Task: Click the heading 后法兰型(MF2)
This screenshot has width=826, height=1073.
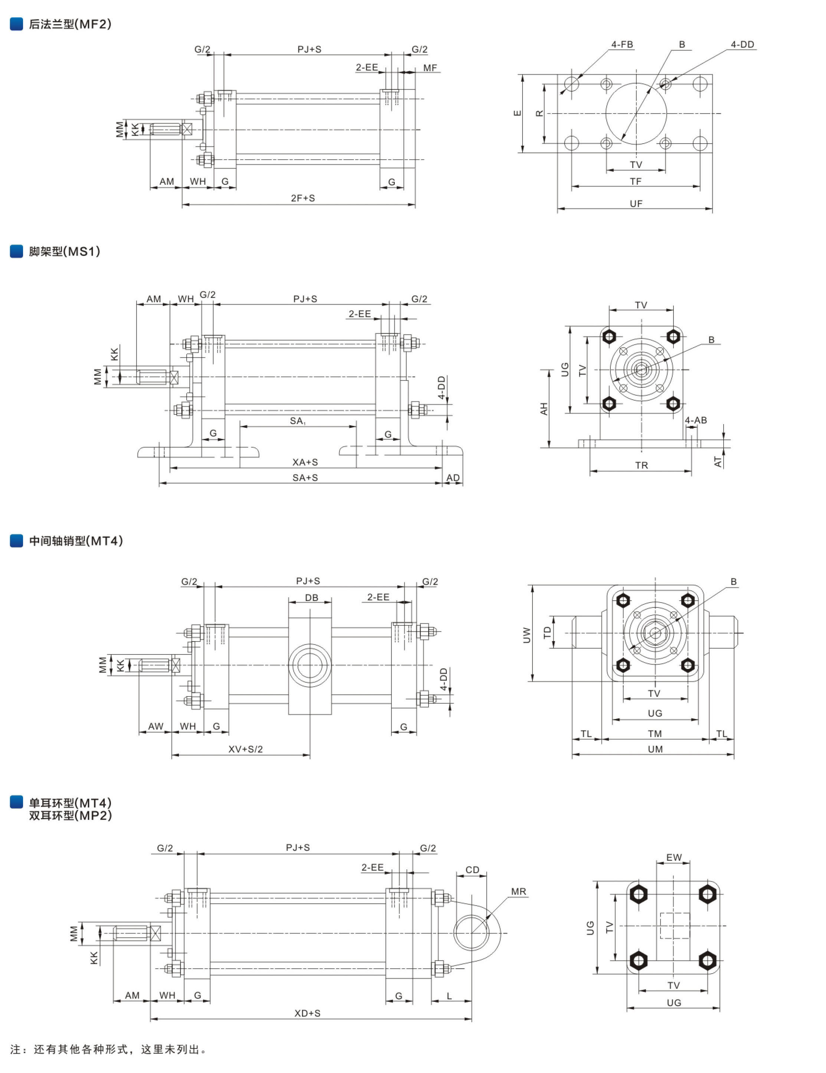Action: click(70, 24)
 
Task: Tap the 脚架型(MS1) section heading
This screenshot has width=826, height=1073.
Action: click(64, 252)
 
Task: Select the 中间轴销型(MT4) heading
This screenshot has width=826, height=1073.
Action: click(76, 541)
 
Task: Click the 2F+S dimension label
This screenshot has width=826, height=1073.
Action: click(303, 198)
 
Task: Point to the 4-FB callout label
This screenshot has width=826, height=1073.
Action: click(622, 45)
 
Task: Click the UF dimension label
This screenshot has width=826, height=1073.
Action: click(636, 203)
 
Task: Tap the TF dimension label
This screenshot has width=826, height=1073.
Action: click(635, 182)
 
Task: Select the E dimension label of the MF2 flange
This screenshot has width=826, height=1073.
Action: click(517, 113)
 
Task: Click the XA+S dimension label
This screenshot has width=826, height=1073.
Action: click(305, 462)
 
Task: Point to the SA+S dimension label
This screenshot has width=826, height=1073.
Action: click(305, 478)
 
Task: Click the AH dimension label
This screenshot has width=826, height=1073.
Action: click(544, 409)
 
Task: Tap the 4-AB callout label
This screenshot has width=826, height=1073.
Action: click(696, 420)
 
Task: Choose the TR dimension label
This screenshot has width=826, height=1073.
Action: click(641, 465)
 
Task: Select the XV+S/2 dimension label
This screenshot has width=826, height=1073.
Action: click(246, 749)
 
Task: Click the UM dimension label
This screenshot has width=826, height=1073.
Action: click(655, 749)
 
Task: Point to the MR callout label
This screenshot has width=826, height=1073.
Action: click(518, 892)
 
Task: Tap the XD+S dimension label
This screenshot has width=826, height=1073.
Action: click(307, 1013)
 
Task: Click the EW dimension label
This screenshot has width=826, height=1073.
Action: click(673, 857)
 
